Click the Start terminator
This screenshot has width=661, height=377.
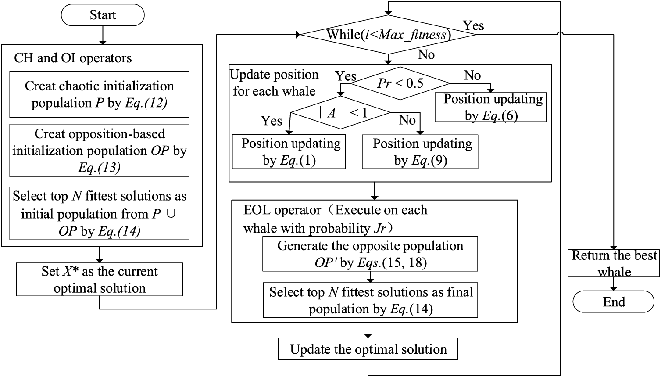103,15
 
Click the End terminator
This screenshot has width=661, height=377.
613,302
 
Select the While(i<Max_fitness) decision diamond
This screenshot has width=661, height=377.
388,35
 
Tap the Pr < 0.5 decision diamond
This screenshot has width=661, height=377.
400,83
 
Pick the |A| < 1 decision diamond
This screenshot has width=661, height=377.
340,113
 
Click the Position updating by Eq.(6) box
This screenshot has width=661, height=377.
490,108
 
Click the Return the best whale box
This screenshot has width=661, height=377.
613,263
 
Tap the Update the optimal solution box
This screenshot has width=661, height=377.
368,349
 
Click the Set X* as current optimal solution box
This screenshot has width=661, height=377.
100,280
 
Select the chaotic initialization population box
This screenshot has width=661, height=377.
100,94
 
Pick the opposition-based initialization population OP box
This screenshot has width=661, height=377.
100,151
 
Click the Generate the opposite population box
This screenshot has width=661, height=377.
370,254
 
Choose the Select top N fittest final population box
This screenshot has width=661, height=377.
370,300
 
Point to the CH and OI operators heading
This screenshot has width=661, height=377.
73,58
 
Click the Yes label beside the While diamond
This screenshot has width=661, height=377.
473,25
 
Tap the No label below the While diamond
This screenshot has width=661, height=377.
426,55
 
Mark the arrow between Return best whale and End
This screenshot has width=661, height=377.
613,284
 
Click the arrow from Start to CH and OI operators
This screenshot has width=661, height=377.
103,35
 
